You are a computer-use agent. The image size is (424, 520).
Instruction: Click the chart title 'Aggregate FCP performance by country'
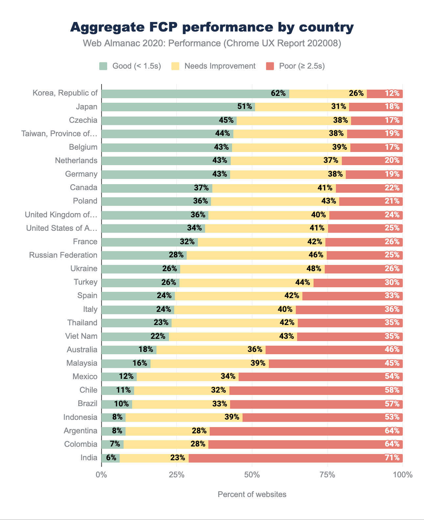[212, 27]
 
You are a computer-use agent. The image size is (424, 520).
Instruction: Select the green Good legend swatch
[103, 66]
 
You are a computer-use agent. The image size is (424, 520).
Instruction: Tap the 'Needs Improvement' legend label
[220, 66]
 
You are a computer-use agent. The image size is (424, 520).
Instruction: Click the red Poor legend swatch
[270, 66]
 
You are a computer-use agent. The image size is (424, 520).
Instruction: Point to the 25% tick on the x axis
[177, 475]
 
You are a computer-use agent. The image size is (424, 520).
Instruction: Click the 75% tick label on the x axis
[327, 475]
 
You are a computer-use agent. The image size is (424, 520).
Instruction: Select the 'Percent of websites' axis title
[252, 494]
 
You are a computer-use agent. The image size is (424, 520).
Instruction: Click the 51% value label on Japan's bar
[245, 107]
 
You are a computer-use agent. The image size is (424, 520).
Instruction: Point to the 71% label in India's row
[392, 458]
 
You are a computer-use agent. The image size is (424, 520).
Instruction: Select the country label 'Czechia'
[83, 120]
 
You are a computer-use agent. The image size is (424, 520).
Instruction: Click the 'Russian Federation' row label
[63, 255]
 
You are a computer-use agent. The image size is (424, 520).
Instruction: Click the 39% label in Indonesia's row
[232, 417]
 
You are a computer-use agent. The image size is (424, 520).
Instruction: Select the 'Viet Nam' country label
[82, 336]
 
